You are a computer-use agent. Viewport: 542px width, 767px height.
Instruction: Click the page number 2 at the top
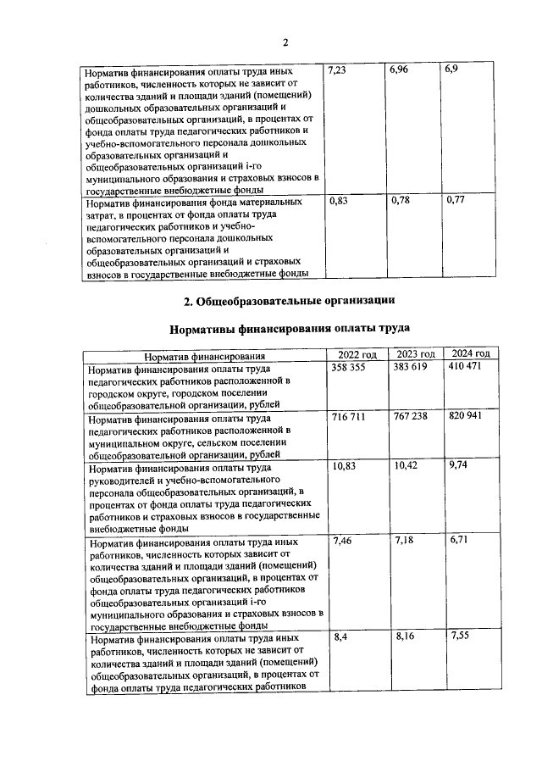tap(285, 43)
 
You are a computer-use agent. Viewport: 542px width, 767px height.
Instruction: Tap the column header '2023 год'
tap(415, 355)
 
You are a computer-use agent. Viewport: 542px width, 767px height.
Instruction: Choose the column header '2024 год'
tap(472, 355)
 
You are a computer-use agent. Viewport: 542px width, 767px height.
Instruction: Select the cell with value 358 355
tap(351, 369)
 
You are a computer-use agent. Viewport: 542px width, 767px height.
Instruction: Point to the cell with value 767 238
tap(412, 419)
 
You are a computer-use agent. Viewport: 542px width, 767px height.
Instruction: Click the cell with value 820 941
tap(470, 419)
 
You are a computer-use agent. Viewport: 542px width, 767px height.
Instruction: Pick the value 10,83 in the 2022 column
tap(342, 467)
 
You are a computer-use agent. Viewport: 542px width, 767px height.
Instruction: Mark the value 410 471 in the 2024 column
tap(467, 369)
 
